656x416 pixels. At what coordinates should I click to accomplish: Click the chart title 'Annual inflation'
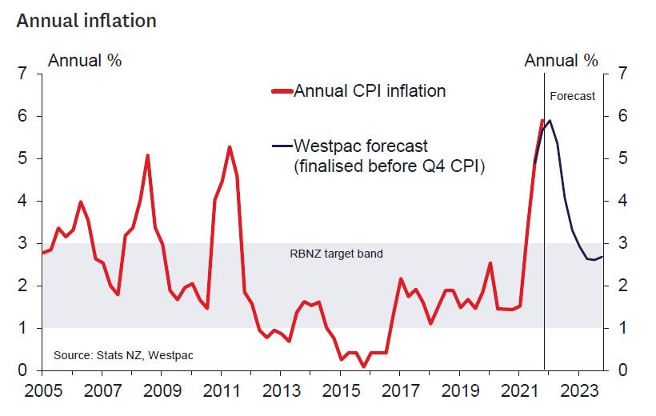[x=86, y=21]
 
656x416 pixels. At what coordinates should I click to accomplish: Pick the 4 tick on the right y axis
[x=620, y=202]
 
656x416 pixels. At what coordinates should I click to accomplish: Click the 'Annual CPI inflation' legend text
[x=370, y=91]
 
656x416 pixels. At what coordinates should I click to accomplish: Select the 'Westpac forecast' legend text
[x=361, y=146]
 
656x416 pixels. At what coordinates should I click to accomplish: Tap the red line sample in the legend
[x=282, y=91]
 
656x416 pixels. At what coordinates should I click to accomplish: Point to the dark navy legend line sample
[x=282, y=146]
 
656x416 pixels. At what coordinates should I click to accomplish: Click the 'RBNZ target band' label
[x=336, y=254]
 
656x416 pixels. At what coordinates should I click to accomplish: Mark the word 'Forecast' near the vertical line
[x=573, y=96]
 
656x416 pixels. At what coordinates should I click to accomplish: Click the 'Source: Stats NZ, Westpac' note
[x=123, y=354]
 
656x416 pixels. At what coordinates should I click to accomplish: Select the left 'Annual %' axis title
[x=86, y=60]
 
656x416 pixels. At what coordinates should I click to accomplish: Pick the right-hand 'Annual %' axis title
[x=561, y=60]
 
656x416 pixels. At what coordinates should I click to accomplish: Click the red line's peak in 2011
[x=230, y=147]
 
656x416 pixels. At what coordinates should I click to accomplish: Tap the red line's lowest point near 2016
[x=364, y=366]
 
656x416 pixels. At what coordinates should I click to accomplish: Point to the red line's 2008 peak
[x=148, y=155]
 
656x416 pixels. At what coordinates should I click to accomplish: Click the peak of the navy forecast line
[x=550, y=121]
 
